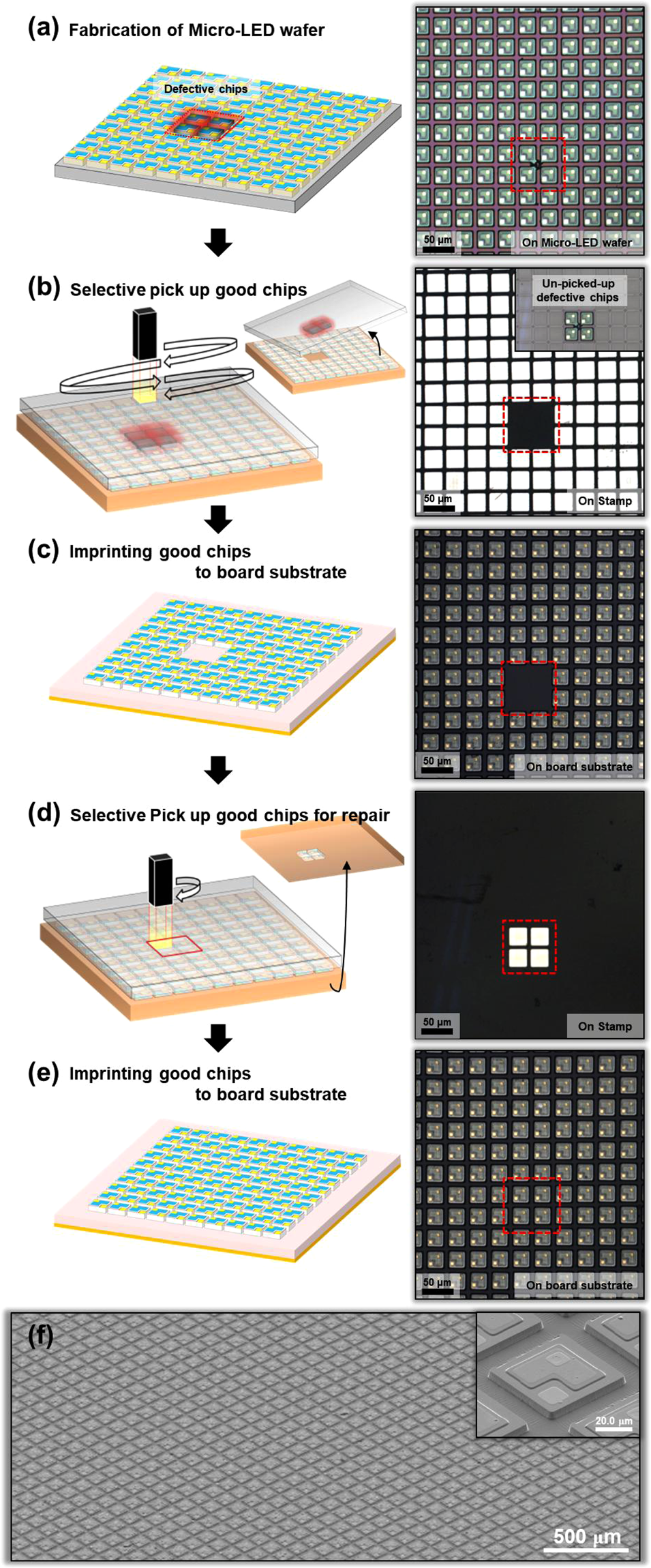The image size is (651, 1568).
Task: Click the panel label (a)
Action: click(43, 29)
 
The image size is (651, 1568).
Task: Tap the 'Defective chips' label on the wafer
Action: click(205, 89)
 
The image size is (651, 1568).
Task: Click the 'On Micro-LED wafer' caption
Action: click(577, 242)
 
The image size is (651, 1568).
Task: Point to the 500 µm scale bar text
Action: click(586, 1537)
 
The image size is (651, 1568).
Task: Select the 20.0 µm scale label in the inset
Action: click(613, 1421)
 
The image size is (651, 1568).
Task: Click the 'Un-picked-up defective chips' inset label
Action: click(577, 290)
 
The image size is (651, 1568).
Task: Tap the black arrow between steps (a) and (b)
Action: click(218, 241)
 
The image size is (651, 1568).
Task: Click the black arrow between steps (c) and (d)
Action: click(218, 769)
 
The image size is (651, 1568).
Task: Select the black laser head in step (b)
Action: click(145, 334)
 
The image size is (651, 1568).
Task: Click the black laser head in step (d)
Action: click(160, 879)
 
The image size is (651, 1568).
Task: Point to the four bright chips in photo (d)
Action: click(529, 947)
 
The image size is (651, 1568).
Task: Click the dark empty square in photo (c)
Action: click(528, 687)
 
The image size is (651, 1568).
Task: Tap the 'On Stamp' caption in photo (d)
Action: click(605, 1026)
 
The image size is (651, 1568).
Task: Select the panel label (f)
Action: click(40, 1335)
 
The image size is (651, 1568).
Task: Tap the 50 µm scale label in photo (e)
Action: click(437, 1282)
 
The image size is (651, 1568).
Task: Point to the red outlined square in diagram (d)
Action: click(175, 944)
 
